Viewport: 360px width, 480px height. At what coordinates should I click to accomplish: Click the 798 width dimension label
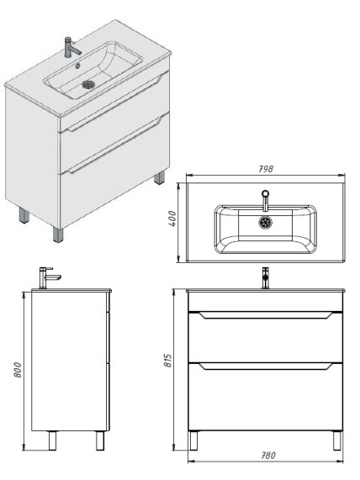click(265, 169)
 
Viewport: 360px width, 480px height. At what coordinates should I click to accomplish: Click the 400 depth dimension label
click(172, 219)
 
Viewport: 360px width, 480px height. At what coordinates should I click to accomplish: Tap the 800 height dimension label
click(18, 370)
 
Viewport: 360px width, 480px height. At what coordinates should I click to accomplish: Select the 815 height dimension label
click(168, 361)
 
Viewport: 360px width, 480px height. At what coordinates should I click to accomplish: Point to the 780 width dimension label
click(268, 456)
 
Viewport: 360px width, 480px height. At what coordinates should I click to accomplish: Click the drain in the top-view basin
click(265, 223)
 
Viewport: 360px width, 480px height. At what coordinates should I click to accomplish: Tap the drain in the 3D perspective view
click(89, 84)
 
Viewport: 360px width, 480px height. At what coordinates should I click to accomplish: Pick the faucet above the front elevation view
click(265, 278)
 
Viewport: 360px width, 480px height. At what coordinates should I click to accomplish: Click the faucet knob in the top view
click(265, 193)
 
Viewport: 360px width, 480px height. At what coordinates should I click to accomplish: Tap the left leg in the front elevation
click(193, 440)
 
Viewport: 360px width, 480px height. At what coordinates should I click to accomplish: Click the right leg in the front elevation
click(337, 440)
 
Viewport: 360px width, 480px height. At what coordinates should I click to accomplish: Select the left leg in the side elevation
click(52, 440)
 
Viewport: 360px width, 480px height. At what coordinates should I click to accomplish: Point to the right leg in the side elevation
click(100, 440)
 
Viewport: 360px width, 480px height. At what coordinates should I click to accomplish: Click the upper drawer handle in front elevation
click(266, 315)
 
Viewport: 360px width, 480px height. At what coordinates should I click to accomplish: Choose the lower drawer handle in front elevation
click(266, 367)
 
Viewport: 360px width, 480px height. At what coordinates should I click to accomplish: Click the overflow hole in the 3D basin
click(77, 66)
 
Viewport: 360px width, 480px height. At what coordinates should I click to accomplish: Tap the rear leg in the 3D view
click(159, 177)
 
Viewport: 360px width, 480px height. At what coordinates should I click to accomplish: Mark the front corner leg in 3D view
click(58, 235)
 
